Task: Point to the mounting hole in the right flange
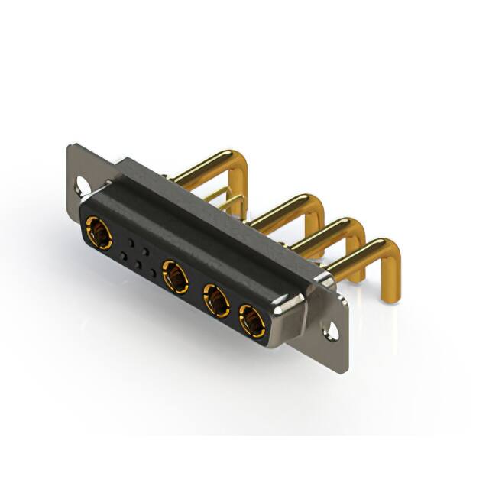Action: point(331,331)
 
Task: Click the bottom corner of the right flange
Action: point(345,370)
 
